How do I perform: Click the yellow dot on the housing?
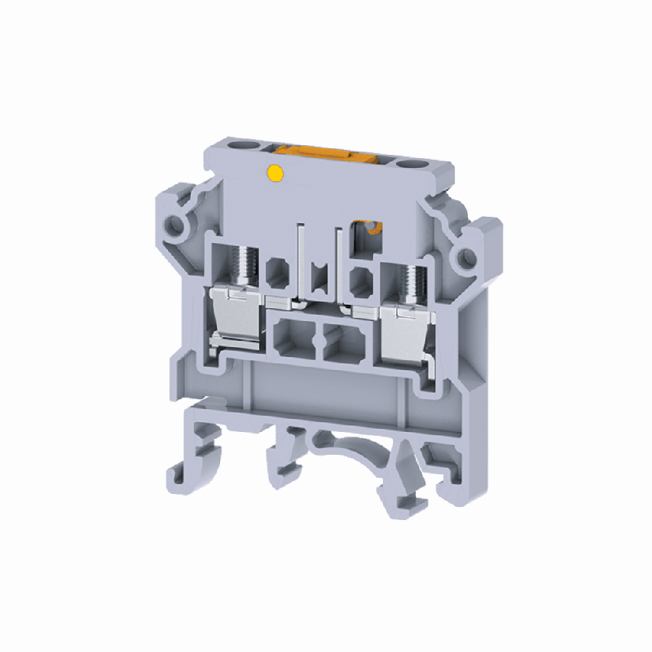coord(275,172)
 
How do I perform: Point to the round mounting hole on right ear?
coord(467,258)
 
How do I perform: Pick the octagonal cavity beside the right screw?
coord(359,280)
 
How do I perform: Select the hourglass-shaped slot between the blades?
coord(319,272)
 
